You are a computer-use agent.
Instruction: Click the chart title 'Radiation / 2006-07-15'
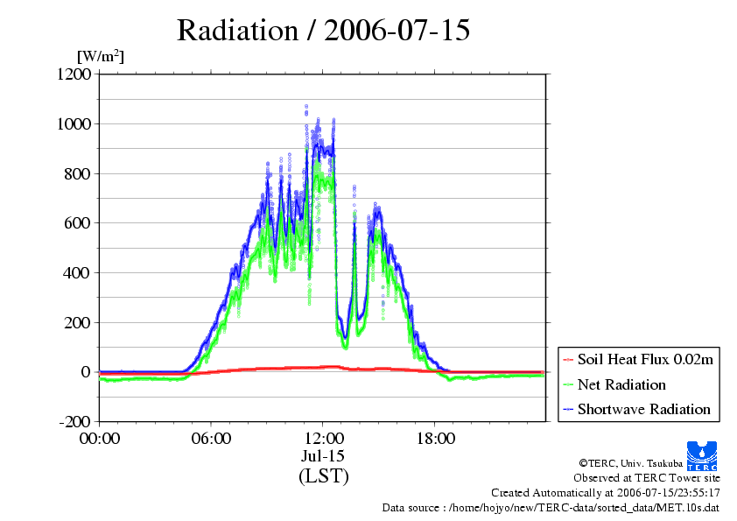323,31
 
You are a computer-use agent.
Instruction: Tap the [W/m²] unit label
101,56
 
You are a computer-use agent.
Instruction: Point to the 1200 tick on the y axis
74,74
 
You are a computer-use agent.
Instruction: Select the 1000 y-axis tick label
74,123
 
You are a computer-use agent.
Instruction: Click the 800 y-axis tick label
78,173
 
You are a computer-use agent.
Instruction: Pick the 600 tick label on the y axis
78,223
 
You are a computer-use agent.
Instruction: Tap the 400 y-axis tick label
78,272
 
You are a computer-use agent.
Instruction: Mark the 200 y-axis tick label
78,322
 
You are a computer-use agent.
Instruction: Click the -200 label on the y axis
74,421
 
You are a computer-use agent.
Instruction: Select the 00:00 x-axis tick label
100,439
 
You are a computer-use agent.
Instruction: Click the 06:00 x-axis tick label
211,439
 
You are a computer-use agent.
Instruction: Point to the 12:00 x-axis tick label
323,439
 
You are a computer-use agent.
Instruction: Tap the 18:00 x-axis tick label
435,439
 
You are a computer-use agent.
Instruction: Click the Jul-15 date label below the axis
323,456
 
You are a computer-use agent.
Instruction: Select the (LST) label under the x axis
323,475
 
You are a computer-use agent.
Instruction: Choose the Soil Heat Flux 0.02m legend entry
638,360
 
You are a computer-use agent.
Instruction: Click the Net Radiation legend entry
614,384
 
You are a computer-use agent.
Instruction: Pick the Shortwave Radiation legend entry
637,409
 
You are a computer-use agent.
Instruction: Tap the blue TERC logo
702,456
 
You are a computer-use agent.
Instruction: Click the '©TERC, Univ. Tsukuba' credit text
631,463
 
